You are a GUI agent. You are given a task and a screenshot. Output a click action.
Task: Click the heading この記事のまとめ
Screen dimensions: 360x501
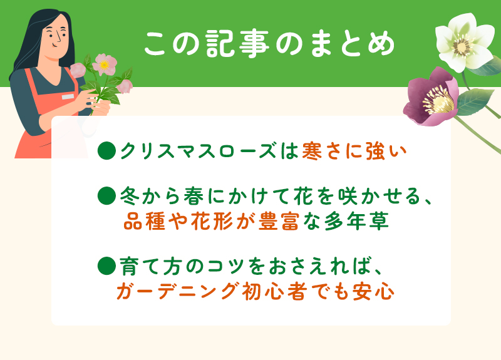(x=269, y=44)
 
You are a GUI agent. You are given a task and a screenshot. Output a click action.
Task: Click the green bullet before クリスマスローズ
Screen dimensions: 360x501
(x=107, y=152)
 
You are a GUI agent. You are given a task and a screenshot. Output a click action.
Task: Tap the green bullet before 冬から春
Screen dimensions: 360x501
(x=107, y=197)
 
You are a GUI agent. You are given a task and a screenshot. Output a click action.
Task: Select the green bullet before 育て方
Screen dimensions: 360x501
(x=107, y=265)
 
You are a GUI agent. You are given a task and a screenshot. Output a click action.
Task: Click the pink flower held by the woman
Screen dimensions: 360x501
(x=104, y=64)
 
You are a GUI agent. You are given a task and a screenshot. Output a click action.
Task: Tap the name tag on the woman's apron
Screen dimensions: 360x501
(x=67, y=97)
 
